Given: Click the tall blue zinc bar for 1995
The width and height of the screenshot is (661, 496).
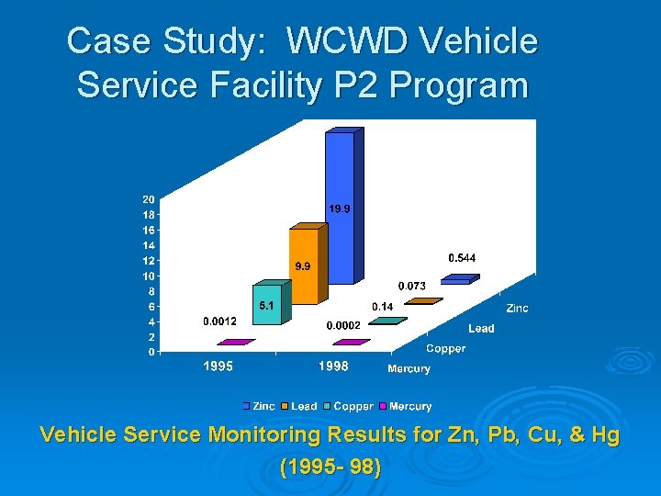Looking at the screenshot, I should [339, 207].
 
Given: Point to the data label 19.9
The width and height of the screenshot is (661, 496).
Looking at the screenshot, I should [340, 209].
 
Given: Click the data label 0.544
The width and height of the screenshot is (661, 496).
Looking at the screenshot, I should [462, 258].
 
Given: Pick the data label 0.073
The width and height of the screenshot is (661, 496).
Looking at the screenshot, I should [411, 286].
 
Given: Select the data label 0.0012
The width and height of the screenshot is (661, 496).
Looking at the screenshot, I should [219, 321].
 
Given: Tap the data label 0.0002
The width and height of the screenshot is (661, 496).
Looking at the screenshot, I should [344, 325].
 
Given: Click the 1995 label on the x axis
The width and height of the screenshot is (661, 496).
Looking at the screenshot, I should [218, 366].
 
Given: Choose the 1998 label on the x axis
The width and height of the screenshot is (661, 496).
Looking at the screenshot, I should [333, 366].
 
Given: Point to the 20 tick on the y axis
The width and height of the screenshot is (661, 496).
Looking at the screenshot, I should [148, 199].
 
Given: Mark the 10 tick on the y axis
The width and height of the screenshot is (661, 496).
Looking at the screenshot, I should [148, 276].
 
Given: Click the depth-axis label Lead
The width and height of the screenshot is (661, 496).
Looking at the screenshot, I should [481, 329].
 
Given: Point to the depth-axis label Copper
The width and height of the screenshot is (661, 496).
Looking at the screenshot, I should [445, 349].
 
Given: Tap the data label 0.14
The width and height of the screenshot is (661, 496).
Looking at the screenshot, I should [383, 306].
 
